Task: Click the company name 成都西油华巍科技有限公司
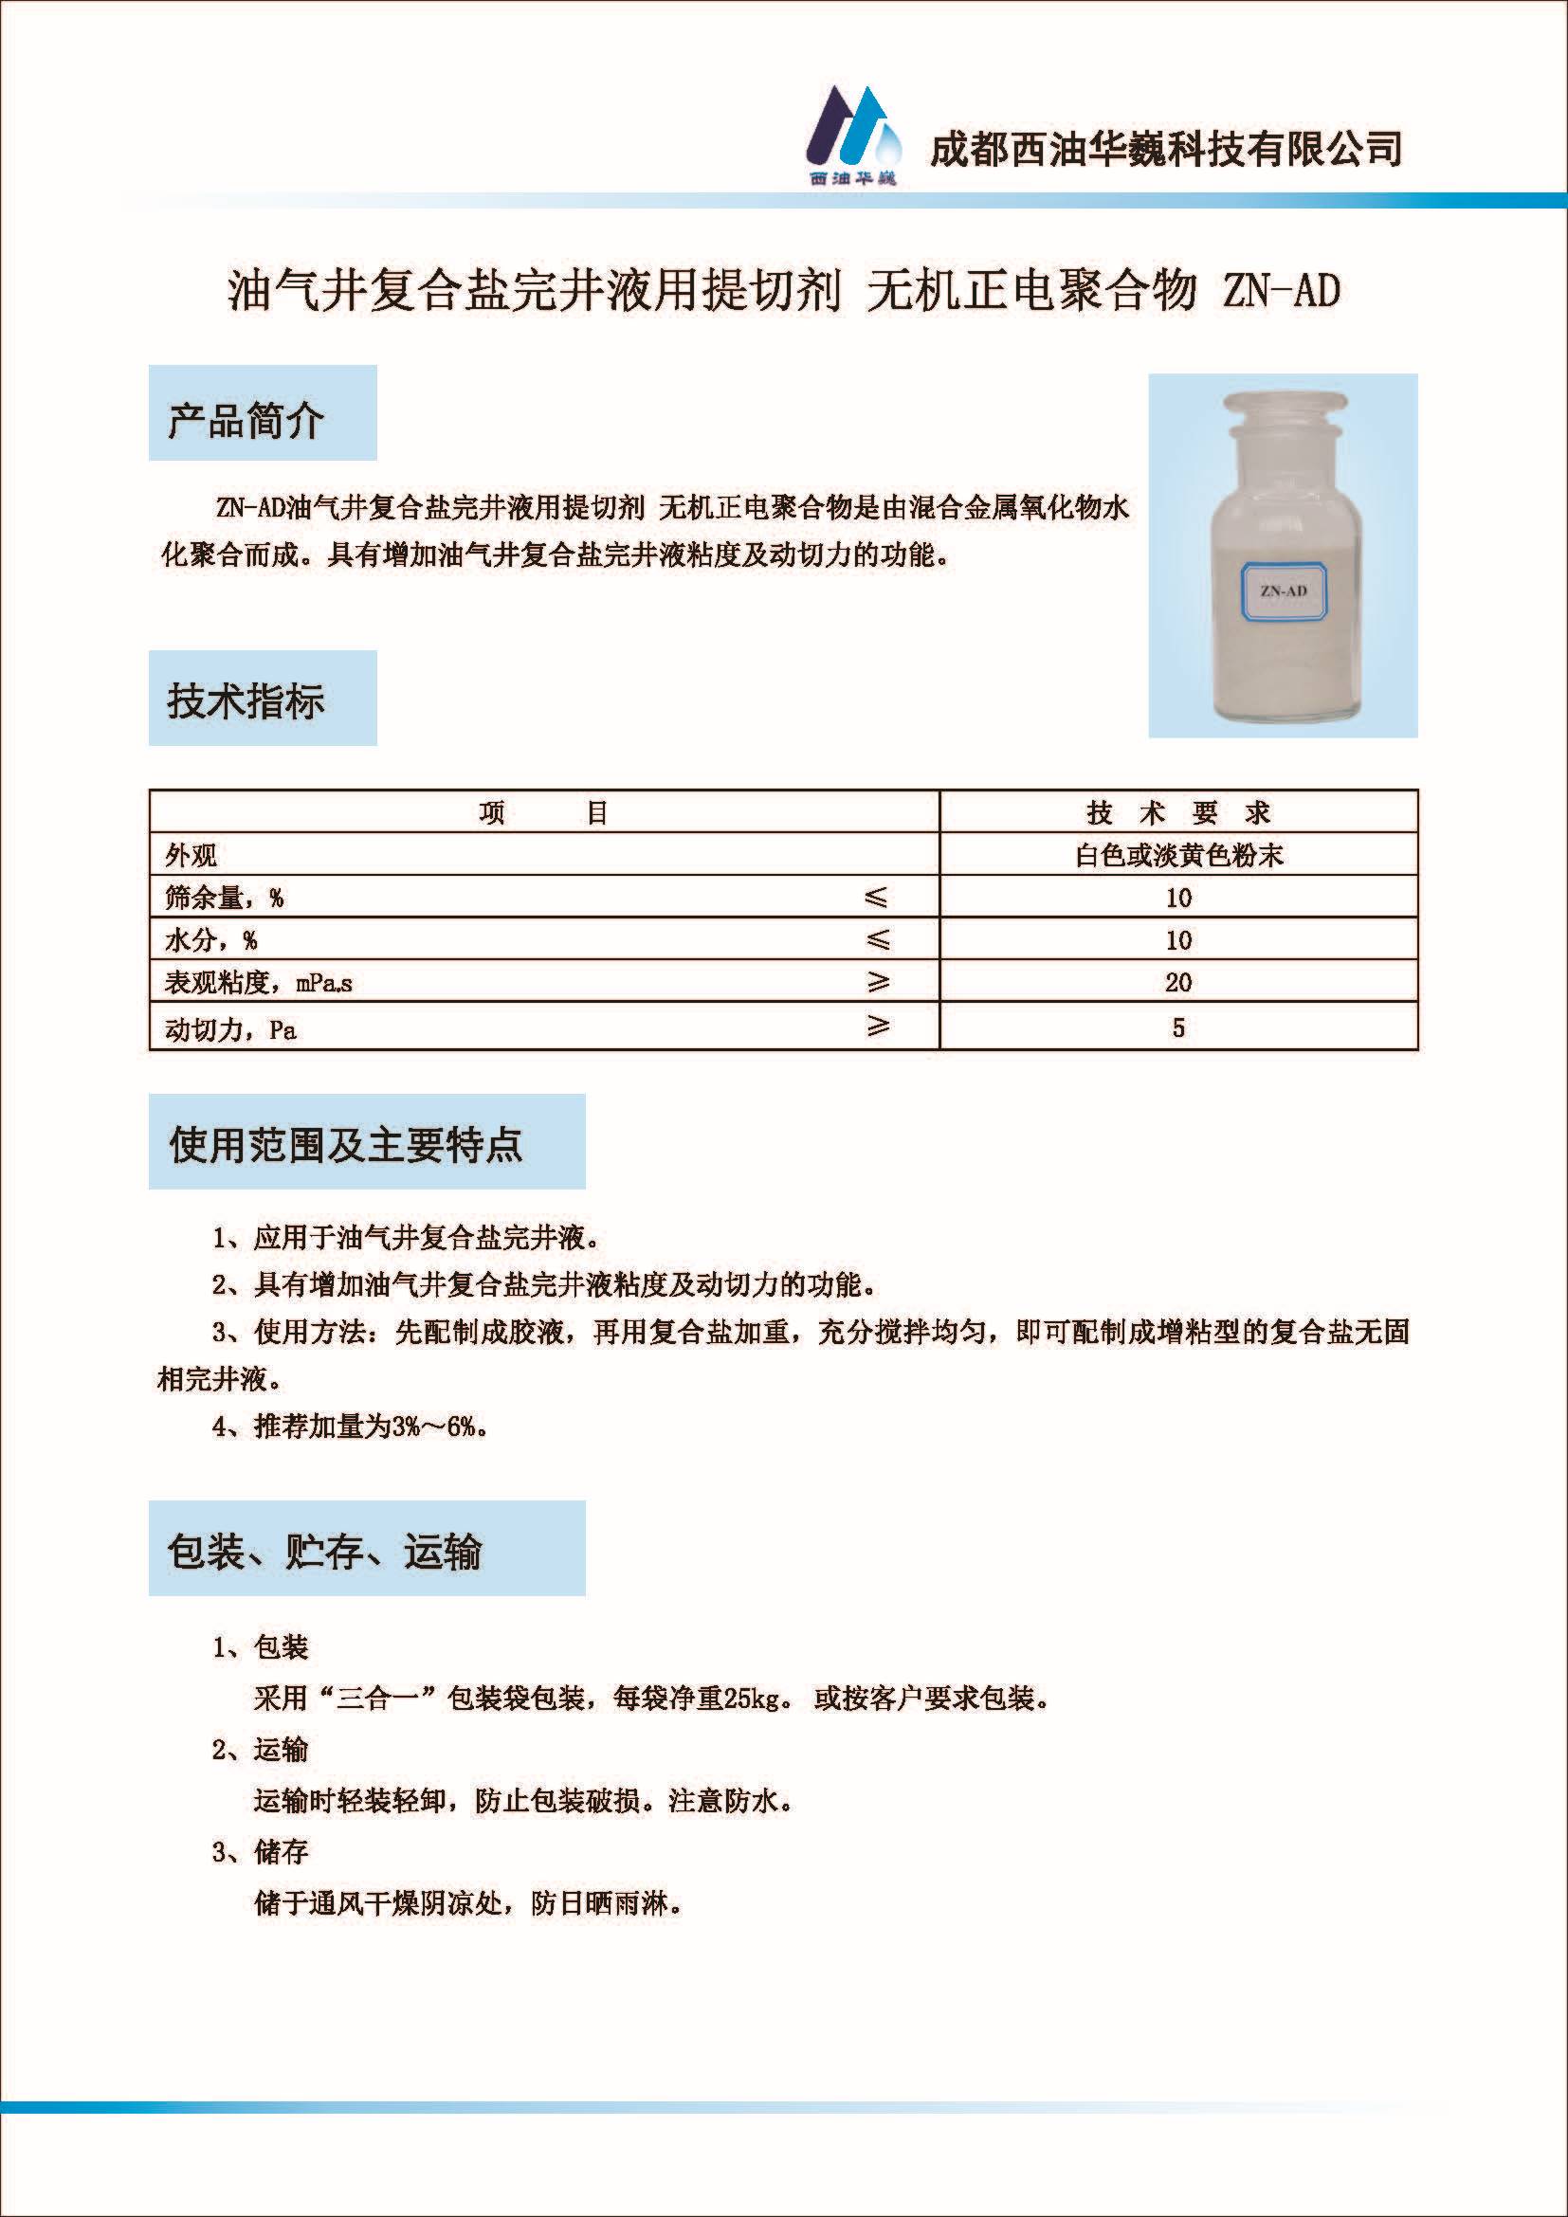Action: click(x=1165, y=149)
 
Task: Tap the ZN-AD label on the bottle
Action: click(x=1284, y=591)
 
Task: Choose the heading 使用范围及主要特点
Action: click(x=345, y=1145)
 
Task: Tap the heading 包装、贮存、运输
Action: click(x=323, y=1552)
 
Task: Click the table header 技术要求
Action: click(x=1178, y=813)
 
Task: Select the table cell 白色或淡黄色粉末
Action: click(x=1178, y=856)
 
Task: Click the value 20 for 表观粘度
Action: click(x=1178, y=983)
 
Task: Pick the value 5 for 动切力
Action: click(x=1178, y=1027)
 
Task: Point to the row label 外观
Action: click(x=191, y=856)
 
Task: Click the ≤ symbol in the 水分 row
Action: click(x=877, y=939)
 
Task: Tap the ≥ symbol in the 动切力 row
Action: click(x=877, y=1026)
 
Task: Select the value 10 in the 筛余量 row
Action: click(x=1178, y=898)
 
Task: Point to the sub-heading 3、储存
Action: click(x=260, y=1852)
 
